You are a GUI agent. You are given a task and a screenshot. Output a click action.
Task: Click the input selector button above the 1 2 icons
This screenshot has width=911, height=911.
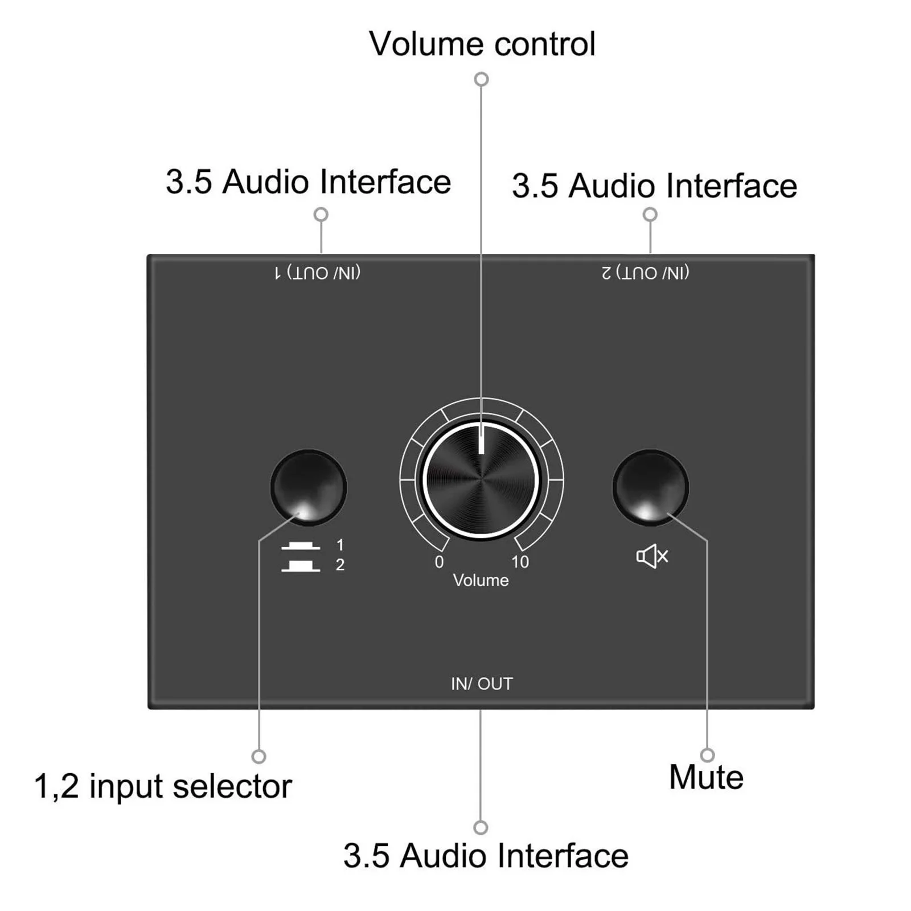coord(308,487)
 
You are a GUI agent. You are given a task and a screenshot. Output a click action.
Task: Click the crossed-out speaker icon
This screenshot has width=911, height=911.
coord(652,556)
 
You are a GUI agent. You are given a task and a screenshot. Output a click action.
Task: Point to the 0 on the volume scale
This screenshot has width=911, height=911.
coord(439,562)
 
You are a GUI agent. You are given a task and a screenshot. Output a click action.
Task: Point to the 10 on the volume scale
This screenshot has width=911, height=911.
coord(519,562)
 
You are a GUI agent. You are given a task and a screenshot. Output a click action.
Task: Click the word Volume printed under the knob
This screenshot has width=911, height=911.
coord(481,580)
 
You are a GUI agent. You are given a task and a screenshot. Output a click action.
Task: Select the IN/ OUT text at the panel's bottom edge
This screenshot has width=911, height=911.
coord(482,684)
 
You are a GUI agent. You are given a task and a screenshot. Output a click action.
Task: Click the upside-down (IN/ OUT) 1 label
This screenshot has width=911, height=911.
coord(318,273)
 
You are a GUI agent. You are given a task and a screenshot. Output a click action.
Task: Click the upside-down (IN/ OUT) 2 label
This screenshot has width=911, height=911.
coord(646,273)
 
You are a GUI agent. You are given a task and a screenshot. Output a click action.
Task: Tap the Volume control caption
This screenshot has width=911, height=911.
coord(482,44)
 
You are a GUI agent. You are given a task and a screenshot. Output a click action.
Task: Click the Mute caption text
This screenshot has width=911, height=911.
coord(706,777)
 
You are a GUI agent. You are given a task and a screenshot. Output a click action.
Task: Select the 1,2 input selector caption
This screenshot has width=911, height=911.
coord(163,786)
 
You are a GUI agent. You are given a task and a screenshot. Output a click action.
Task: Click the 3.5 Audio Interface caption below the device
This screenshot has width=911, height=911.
coord(486,856)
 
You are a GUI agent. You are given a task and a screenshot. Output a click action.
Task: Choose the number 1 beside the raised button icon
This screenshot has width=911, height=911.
coord(340,545)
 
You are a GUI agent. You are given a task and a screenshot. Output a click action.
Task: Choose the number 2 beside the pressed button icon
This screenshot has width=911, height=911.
coord(340,565)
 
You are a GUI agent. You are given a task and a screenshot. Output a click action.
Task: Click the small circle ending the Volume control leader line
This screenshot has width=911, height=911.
coord(482,79)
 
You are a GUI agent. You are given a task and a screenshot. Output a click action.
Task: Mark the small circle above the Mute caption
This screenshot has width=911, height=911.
coord(707,756)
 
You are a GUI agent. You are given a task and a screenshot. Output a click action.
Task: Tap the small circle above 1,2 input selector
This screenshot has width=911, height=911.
coord(259,757)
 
